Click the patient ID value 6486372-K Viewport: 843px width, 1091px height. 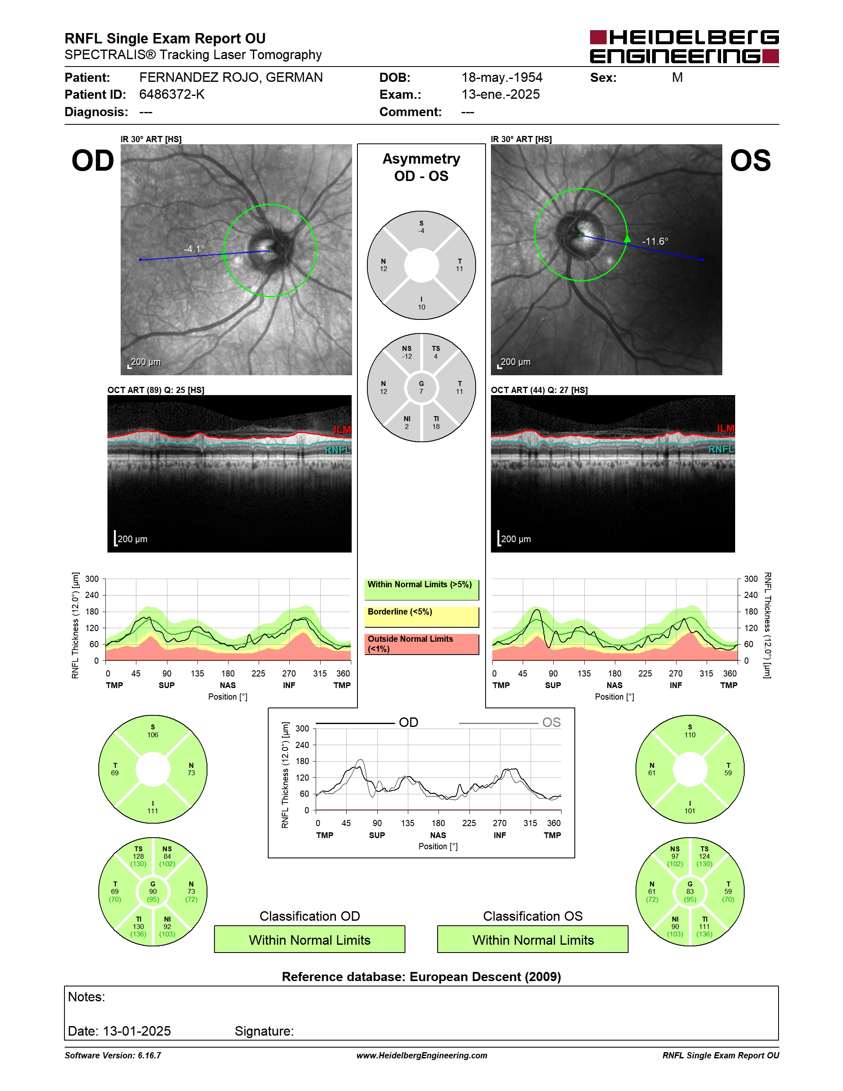point(172,94)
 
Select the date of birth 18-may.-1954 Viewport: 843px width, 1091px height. point(502,77)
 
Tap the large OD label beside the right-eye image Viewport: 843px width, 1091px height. point(93,160)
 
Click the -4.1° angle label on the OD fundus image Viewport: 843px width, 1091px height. point(194,249)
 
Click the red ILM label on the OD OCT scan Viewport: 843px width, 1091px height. point(342,430)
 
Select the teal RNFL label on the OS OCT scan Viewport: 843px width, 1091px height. point(721,449)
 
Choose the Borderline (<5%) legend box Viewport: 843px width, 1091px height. point(421,617)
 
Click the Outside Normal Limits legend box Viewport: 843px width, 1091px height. point(421,644)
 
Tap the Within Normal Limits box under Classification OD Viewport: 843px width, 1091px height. point(310,939)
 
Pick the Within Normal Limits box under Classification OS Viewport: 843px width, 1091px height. point(533,939)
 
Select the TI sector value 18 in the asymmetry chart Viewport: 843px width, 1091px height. point(436,426)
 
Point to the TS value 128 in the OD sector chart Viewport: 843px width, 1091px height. point(138,856)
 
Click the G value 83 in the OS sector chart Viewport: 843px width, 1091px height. point(690,891)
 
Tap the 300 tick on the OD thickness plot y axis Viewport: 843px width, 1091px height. point(92,579)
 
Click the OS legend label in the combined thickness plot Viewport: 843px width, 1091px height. point(551,722)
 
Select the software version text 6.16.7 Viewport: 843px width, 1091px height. point(149,1055)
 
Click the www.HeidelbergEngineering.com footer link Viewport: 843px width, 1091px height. point(421,1055)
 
